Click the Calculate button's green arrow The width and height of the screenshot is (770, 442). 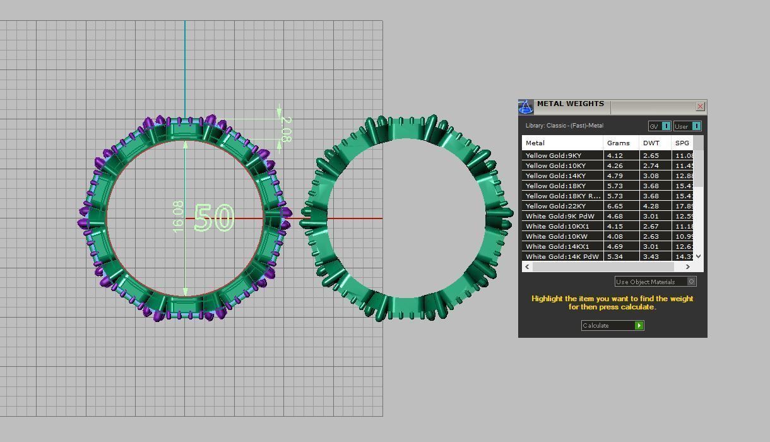[639, 326]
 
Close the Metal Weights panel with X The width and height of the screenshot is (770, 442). [700, 107]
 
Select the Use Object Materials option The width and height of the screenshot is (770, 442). [655, 282]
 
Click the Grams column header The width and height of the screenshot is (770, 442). [619, 143]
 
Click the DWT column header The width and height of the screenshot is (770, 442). [651, 143]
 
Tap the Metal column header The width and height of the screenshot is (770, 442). [535, 143]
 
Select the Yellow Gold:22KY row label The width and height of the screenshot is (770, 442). [555, 206]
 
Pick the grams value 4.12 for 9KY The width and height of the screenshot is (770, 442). [615, 155]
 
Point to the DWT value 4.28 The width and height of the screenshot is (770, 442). [651, 206]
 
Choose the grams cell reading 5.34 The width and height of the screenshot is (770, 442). [615, 256]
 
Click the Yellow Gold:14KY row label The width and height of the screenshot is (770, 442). [555, 176]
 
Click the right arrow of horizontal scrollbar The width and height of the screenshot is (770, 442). [687, 266]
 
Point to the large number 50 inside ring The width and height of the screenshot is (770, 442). [215, 218]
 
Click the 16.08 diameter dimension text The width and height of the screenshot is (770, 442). [178, 217]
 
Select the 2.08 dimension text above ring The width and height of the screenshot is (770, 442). [286, 129]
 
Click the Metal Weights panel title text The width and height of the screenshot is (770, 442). [570, 104]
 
